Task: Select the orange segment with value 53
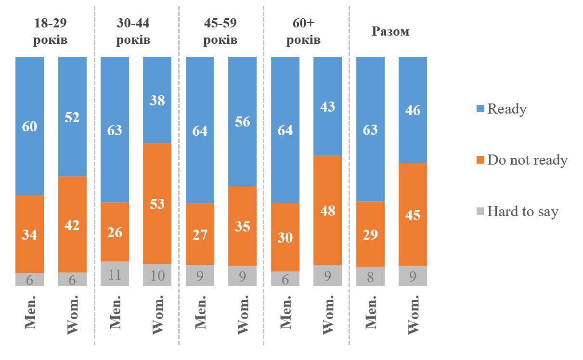pos(157,203)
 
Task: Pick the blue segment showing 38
pos(157,100)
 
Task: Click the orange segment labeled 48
pos(327,210)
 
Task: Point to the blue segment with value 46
pos(413,110)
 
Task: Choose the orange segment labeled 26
pos(115,231)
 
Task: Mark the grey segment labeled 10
pos(157,275)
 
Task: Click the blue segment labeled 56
pos(242,121)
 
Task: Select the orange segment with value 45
pos(413,214)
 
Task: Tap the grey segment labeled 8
pos(370,276)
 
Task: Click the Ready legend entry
pos(506,109)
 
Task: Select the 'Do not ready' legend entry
pos(527,160)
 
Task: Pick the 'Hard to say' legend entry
pos(522,211)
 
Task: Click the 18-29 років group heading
pos(51,31)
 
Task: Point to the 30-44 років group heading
pos(133,31)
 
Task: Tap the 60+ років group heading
pos(303,31)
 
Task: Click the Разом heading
pos(390,32)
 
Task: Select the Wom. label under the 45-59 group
pos(242,315)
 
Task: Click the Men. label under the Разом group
pos(370,313)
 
